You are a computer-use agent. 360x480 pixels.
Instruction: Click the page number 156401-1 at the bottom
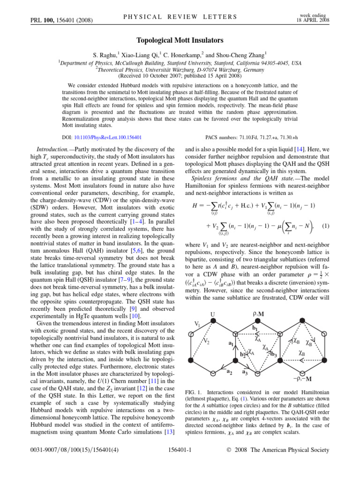pos(180,464)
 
